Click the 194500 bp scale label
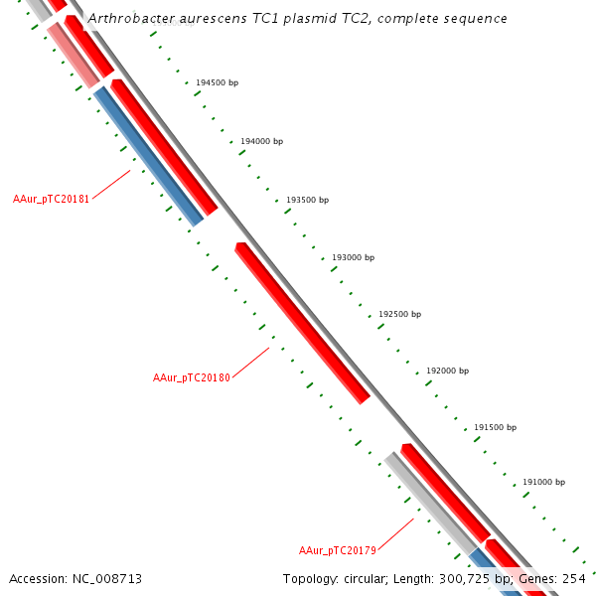click(217, 83)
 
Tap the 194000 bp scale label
click(261, 142)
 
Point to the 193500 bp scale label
click(307, 200)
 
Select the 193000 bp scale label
click(353, 257)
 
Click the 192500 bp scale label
click(399, 315)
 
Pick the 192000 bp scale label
click(447, 371)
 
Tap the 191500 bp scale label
click(495, 427)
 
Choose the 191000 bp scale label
click(543, 483)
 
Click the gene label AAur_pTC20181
click(52, 200)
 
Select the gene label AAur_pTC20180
click(192, 378)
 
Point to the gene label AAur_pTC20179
click(338, 550)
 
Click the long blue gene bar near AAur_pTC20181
click(149, 157)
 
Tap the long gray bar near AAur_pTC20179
click(431, 503)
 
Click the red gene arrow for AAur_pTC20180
click(302, 323)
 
